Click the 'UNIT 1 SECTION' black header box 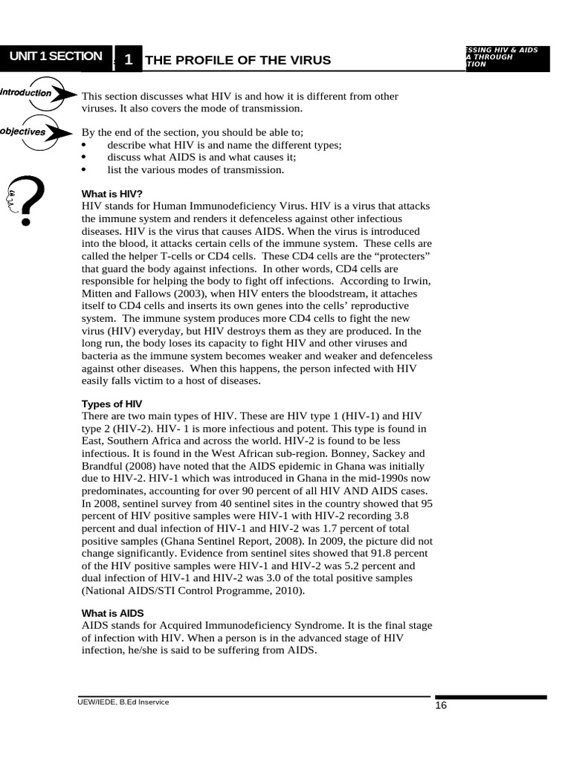point(56,56)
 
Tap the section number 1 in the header point(128,60)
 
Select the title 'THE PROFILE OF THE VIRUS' point(238,60)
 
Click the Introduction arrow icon point(37,94)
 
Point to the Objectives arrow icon point(37,132)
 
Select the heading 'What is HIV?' point(112,194)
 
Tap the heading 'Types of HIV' point(112,404)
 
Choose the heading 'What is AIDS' point(112,613)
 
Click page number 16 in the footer point(441,706)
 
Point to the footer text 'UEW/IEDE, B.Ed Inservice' point(123,702)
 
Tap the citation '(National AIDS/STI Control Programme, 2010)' point(193,591)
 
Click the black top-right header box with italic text point(506,58)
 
